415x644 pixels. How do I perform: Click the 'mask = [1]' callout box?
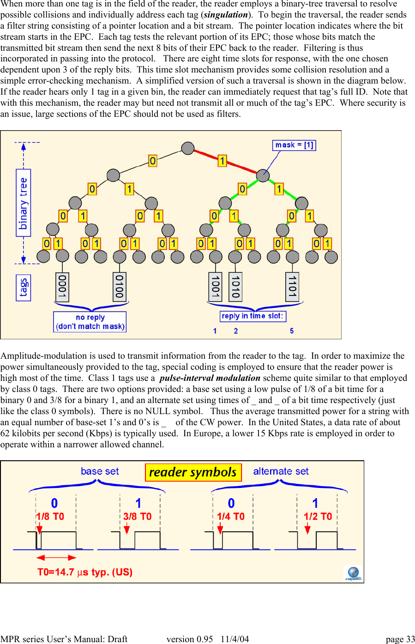pos(294,145)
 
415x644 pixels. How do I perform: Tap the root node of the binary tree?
pos(188,148)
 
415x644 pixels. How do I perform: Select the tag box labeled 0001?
pos(62,287)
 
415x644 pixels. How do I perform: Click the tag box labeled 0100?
pos(120,287)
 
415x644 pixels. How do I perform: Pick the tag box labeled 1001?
pos(215,287)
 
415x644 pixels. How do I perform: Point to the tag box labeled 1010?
pos(235,287)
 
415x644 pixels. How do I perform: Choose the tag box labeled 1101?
pos(292,287)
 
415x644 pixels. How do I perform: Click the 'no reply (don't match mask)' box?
pos(90,322)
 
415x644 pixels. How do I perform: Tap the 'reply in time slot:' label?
pos(253,316)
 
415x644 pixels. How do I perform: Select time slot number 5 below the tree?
pos(292,331)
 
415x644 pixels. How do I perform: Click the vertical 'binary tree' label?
pos(24,203)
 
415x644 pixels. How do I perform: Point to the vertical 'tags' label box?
pos(24,287)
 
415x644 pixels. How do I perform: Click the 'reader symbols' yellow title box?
pos(193,472)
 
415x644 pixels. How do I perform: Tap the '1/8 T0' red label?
pos(50,517)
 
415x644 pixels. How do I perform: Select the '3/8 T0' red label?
pos(137,517)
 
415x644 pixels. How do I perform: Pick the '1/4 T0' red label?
pos(231,517)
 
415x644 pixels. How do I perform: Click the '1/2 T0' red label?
pos(318,517)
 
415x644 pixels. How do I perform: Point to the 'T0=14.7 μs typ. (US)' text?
pos(85,572)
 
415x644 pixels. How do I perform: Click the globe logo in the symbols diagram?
pos(353,573)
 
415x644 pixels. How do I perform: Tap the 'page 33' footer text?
pos(400,639)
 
